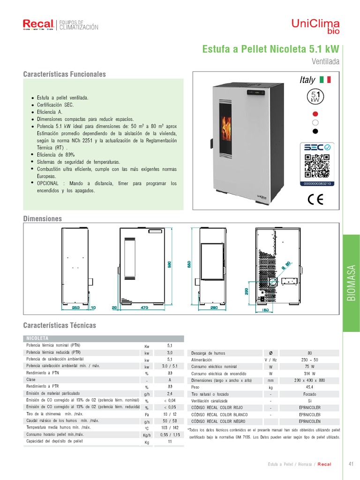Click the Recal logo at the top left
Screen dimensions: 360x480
pyautogui.click(x=38, y=25)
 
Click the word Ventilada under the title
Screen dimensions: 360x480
pyautogui.click(x=325, y=61)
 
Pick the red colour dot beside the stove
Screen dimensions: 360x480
pyautogui.click(x=315, y=114)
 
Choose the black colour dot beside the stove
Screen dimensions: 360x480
pyautogui.click(x=315, y=131)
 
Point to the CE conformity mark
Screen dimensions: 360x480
pyautogui.click(x=315, y=199)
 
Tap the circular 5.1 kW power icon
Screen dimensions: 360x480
pyautogui.click(x=315, y=97)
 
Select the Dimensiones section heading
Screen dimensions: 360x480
pyautogui.click(x=43, y=219)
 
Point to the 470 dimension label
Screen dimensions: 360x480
pyautogui.click(x=144, y=308)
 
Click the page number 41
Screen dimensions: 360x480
pyautogui.click(x=351, y=464)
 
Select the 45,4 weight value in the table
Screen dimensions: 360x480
pyautogui.click(x=310, y=388)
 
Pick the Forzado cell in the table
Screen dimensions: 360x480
pyautogui.click(x=310, y=394)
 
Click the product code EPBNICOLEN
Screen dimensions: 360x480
pyautogui.click(x=310, y=421)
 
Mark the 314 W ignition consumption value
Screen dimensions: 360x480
pyautogui.click(x=310, y=374)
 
